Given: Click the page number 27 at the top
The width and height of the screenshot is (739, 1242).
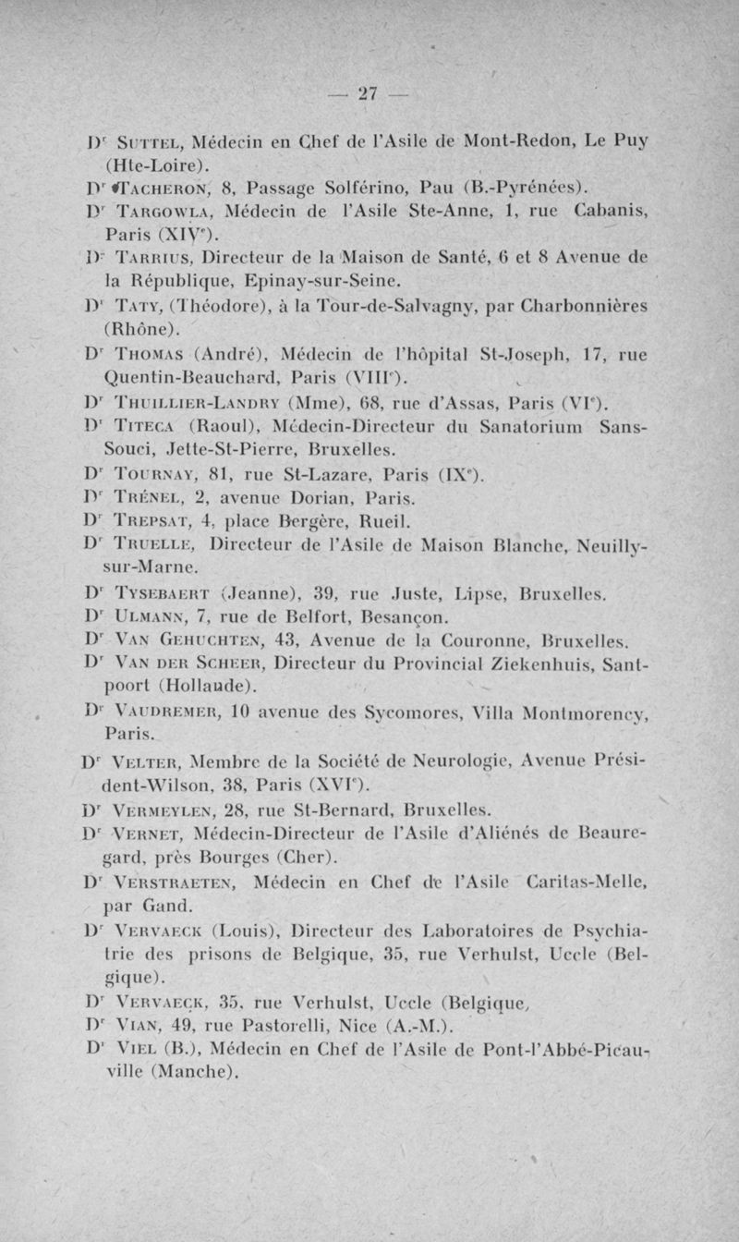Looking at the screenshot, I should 369,92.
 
